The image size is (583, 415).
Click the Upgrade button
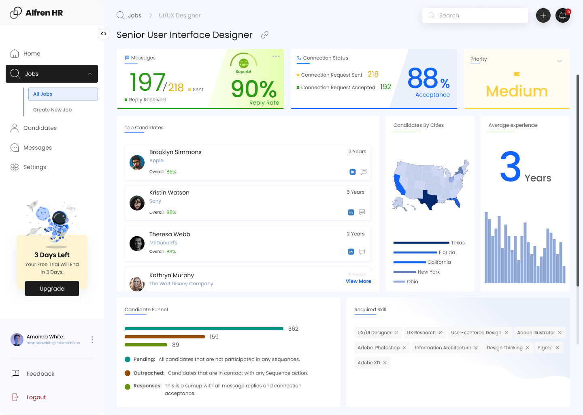(52, 289)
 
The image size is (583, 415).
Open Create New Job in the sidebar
(52, 110)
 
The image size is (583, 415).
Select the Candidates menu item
(40, 128)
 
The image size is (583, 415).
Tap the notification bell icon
(562, 15)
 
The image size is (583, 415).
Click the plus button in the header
(543, 15)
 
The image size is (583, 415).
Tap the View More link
(358, 281)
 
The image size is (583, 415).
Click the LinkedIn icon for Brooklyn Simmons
(353, 172)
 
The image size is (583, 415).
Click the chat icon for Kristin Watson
(362, 212)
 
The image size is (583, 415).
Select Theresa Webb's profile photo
(137, 244)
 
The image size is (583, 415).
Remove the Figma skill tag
(557, 348)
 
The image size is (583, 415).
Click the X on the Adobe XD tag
(385, 363)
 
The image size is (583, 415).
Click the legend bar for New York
(404, 272)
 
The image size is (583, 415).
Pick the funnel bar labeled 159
(164, 337)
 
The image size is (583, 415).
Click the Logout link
(36, 398)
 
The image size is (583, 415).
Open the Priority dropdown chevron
(560, 61)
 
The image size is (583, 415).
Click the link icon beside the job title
(265, 35)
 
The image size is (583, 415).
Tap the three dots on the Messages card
(276, 56)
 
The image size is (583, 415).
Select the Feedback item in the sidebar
(40, 374)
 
